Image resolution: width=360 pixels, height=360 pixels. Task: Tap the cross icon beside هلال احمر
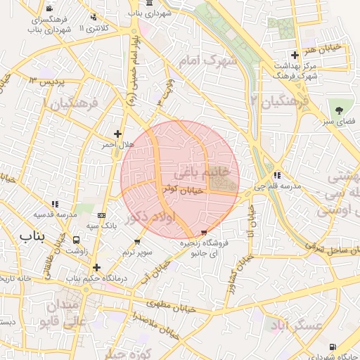[x=117, y=134]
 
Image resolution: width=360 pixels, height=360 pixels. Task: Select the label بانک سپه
[x=101, y=226]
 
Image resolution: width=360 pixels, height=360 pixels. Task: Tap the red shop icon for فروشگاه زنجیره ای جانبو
[x=204, y=232]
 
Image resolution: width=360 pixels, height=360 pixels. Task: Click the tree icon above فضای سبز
[x=340, y=110]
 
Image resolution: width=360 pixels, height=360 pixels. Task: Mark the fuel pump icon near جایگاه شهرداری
[x=332, y=347]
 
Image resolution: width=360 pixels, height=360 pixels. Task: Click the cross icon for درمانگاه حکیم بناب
[x=96, y=267]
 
